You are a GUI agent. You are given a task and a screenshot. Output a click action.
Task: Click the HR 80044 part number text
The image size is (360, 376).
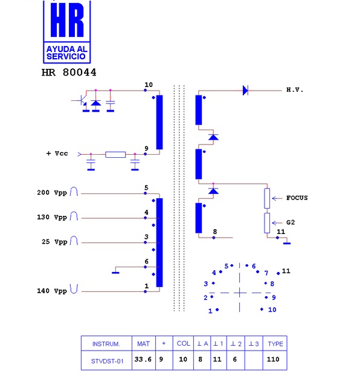[x=69, y=72]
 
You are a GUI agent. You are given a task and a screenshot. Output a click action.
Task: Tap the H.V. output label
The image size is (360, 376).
[x=295, y=90]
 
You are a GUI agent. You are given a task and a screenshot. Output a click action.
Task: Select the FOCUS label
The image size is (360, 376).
[x=297, y=198]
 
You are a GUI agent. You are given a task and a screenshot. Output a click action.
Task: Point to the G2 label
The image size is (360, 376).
[x=291, y=222]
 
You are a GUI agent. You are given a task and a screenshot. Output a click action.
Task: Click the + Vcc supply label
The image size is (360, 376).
[x=57, y=153]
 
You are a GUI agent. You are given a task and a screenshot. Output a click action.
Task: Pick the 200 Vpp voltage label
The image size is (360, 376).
[x=52, y=193]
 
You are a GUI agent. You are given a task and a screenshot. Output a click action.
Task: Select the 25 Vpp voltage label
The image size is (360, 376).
[x=54, y=242]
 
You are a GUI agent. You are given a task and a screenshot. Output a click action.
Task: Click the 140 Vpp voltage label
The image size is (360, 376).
[x=52, y=291]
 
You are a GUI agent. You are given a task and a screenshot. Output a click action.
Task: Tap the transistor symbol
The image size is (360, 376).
[x=81, y=101]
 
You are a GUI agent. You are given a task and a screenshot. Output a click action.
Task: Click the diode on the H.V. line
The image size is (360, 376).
[x=245, y=91]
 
